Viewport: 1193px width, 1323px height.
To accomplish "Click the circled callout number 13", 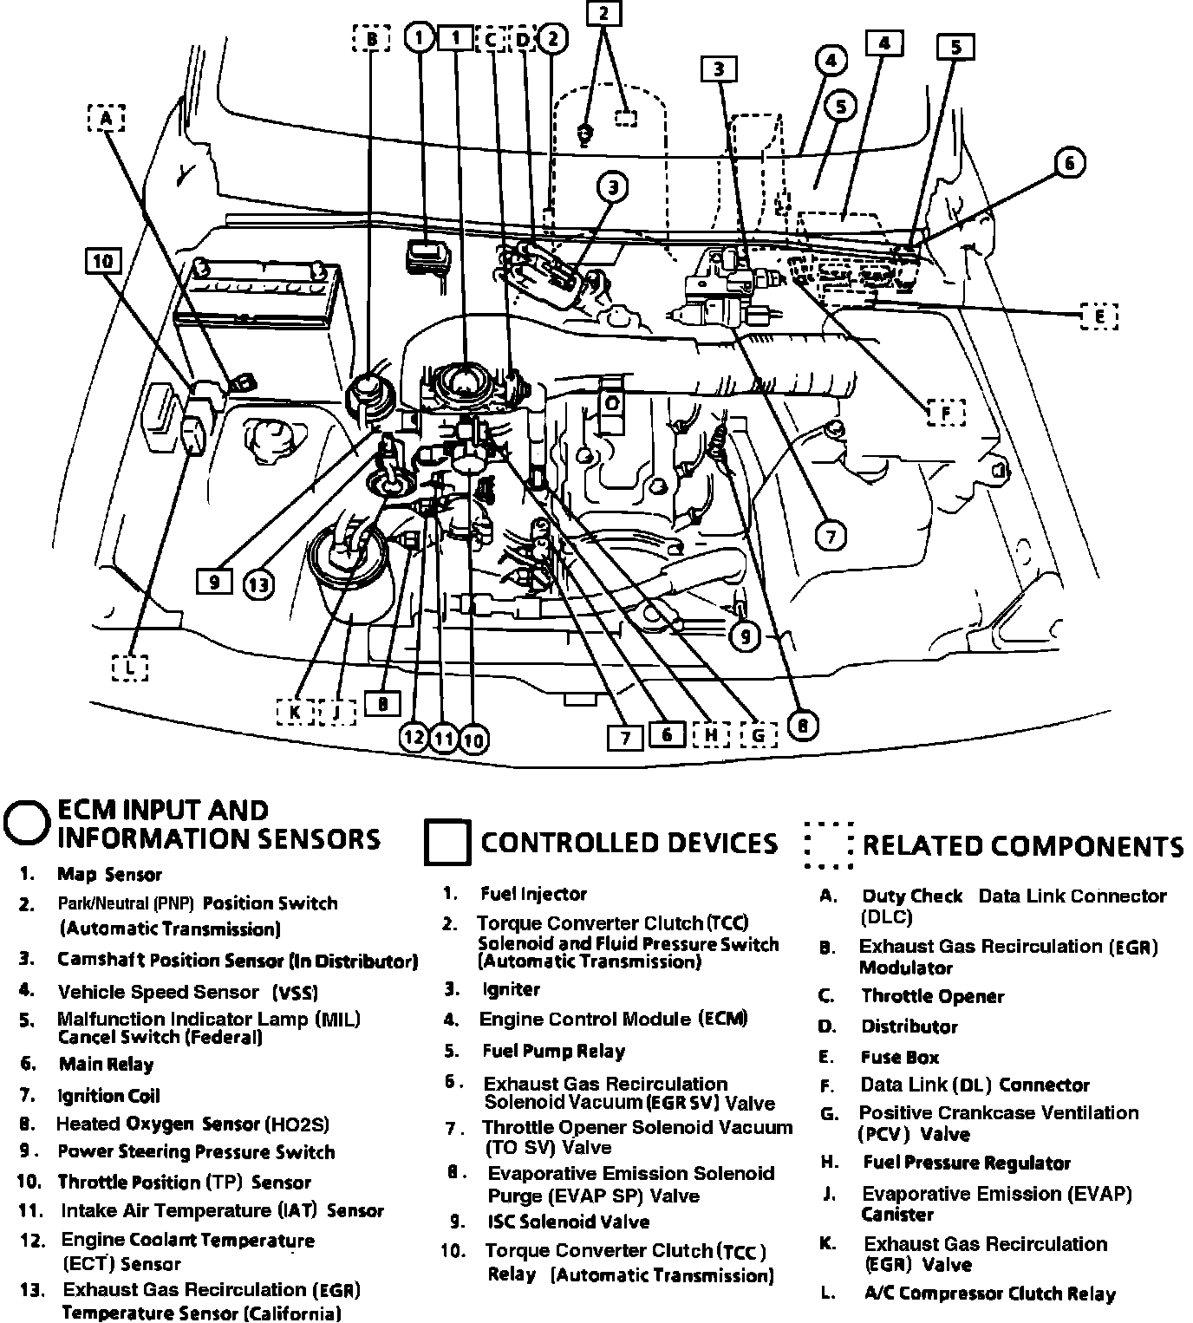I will [258, 585].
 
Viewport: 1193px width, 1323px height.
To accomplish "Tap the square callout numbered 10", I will [104, 262].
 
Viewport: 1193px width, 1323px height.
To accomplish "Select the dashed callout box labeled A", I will [106, 118].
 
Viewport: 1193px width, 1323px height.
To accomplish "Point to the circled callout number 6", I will [1069, 163].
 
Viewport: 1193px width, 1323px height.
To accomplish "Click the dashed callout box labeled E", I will [1099, 316].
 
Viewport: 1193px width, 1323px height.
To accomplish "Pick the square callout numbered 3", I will [720, 69].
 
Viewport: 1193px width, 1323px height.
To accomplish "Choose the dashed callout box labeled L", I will [129, 667].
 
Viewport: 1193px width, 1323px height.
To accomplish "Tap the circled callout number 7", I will [831, 537].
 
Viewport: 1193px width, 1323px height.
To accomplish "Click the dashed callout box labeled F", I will [946, 413].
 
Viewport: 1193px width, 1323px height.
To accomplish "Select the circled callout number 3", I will [613, 187].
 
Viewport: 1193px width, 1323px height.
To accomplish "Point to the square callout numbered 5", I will [955, 47].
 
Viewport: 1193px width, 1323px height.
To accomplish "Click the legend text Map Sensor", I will [109, 875].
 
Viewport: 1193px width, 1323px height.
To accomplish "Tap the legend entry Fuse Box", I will [899, 1057].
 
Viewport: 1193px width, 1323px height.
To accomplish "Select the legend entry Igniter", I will [511, 989].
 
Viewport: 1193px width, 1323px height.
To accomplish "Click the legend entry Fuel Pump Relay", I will [553, 1052].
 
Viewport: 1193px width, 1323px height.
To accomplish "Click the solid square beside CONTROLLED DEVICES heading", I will [447, 843].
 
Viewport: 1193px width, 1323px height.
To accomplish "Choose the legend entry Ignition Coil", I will [108, 1096].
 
